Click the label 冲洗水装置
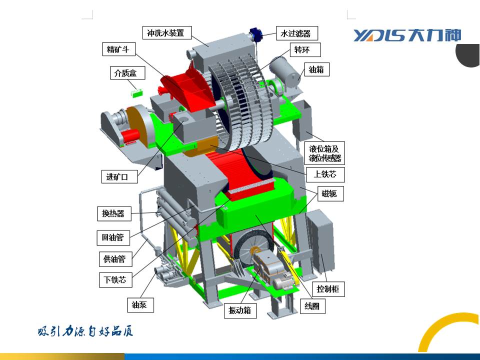(167, 32)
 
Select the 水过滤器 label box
(296, 33)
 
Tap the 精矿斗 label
(119, 49)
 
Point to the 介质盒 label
(127, 73)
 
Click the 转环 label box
(305, 49)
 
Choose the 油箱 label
(317, 69)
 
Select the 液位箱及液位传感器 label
(324, 153)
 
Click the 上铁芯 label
(325, 174)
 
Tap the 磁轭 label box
(330, 193)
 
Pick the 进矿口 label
(119, 176)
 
